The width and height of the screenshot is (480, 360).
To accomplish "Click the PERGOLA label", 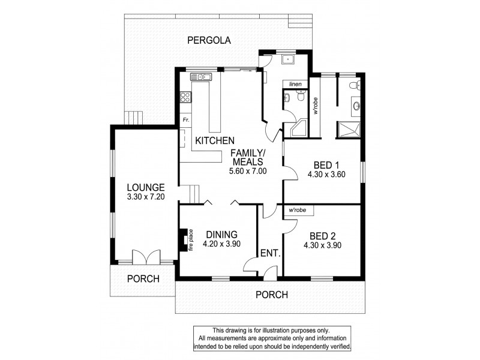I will [209, 40].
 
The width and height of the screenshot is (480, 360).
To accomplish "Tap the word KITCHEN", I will [214, 140].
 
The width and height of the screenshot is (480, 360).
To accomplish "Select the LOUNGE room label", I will [142, 187].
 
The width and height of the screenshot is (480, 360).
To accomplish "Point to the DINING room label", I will [221, 235].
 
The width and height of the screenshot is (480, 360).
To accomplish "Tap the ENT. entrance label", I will [271, 253].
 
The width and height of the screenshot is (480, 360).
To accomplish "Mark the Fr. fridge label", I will [186, 120].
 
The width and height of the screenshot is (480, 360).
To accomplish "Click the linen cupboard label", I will [295, 84].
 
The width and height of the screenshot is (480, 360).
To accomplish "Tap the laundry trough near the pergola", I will [289, 59].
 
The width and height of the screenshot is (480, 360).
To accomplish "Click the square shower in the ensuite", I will [349, 128].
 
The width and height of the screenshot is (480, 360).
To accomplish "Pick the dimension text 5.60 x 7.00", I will [248, 171].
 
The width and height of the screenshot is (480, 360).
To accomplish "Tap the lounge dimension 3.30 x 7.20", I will [142, 197].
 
